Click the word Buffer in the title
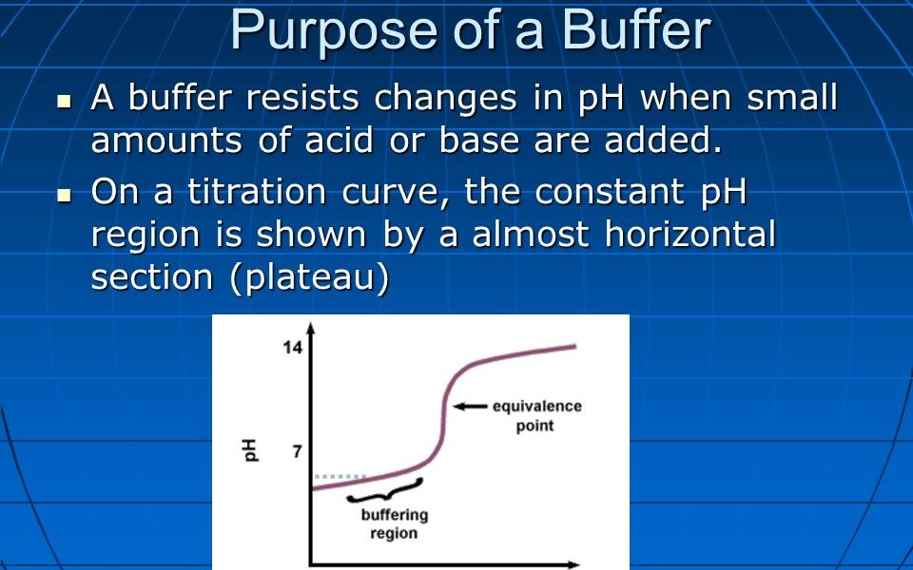point(635,30)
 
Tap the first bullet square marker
point(65,100)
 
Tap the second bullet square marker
point(65,195)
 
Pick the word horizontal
point(690,234)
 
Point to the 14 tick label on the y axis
point(292,348)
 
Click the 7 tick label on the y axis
point(297,451)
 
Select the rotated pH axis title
point(251,450)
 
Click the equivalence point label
point(535,416)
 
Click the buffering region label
point(394,523)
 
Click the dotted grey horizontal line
point(340,476)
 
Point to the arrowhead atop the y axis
point(311,329)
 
